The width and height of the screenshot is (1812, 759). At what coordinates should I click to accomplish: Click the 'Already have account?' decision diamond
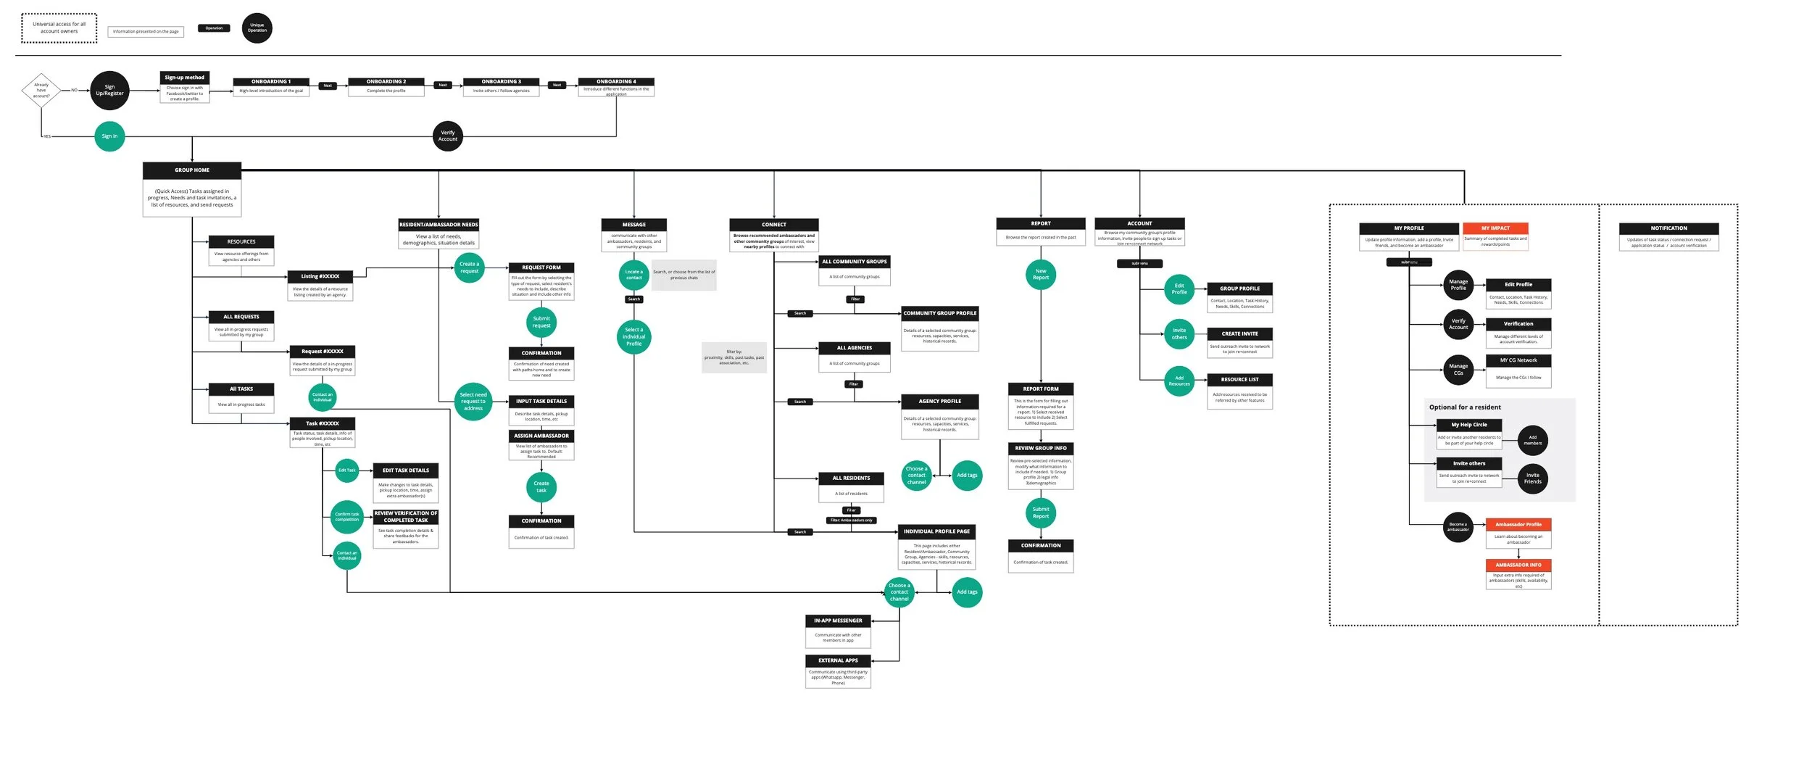[x=41, y=91]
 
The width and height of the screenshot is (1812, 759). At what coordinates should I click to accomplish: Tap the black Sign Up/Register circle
[x=109, y=91]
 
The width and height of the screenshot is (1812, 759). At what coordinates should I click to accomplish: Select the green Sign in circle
[x=109, y=136]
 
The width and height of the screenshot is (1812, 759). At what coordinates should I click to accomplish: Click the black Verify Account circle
[x=448, y=136]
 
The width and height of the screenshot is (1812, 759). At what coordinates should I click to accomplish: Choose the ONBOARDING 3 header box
[x=501, y=82]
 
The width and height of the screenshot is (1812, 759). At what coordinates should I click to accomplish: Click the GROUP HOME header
[x=192, y=170]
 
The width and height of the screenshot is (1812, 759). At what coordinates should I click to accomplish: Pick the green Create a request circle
[x=469, y=267]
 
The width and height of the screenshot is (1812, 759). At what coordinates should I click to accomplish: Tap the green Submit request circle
[x=541, y=322]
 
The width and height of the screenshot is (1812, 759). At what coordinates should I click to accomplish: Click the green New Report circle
[x=1041, y=274]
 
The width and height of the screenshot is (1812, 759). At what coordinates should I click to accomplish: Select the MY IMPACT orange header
[x=1495, y=228]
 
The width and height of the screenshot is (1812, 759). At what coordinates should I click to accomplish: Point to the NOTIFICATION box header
[x=1668, y=228]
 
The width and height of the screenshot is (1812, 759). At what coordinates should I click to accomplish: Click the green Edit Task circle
[x=347, y=470]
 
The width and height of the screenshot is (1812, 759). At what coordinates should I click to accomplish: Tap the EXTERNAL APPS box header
[x=838, y=660]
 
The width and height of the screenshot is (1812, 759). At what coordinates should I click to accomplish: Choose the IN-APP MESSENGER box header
[x=838, y=621]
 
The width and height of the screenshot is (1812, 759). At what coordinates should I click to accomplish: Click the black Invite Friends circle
[x=1532, y=478]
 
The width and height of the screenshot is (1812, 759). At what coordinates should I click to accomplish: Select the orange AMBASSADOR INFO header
[x=1518, y=565]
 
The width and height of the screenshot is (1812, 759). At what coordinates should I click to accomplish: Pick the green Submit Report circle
[x=1041, y=513]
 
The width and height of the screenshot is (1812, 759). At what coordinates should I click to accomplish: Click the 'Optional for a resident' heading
[x=1465, y=407]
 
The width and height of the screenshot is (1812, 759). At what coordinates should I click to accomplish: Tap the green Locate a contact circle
[x=633, y=275]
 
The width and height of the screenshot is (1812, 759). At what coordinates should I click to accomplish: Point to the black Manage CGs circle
[x=1458, y=370]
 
